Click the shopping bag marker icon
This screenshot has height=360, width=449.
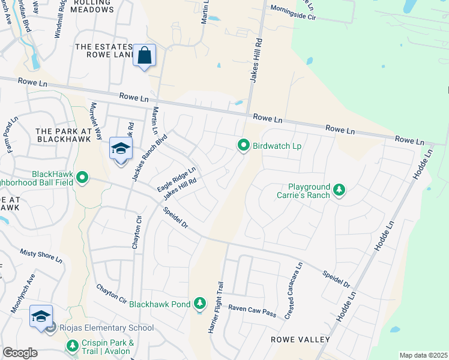(145, 56)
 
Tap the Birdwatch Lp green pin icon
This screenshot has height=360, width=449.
(244, 146)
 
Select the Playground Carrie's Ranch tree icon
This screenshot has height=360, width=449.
(340, 190)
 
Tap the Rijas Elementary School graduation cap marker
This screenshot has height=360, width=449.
(41, 317)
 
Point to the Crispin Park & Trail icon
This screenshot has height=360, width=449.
(73, 346)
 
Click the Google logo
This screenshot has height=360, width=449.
(20, 353)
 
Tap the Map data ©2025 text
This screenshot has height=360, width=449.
(423, 355)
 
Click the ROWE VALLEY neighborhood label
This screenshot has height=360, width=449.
(300, 340)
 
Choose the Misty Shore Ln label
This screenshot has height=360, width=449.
(41, 257)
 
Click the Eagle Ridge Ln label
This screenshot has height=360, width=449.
(177, 179)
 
